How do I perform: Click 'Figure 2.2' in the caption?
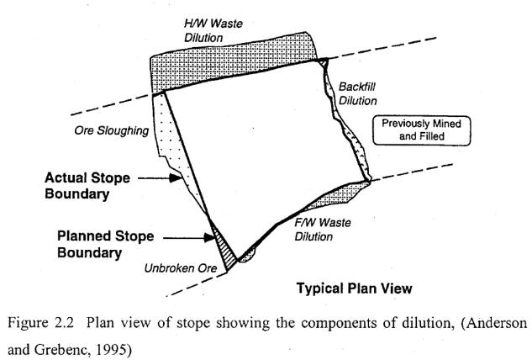click(33, 322)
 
